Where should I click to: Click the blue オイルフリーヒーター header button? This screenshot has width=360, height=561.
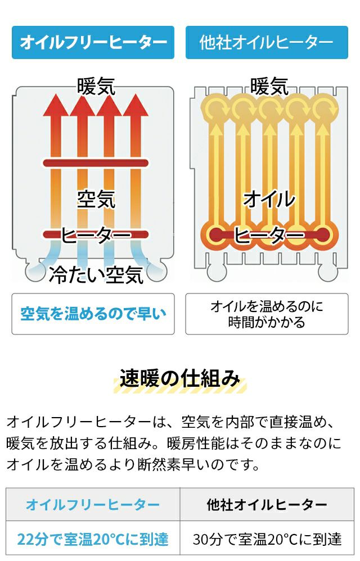click(93, 42)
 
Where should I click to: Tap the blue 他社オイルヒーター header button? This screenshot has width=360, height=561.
click(267, 42)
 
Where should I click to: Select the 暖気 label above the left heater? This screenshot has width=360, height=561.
click(96, 86)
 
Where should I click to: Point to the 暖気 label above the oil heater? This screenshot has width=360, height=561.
click(269, 86)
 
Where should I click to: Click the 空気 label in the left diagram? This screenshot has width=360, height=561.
click(96, 198)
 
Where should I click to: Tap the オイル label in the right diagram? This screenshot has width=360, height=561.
click(269, 198)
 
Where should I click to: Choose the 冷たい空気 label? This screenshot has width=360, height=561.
click(96, 274)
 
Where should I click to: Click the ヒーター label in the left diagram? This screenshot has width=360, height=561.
click(96, 235)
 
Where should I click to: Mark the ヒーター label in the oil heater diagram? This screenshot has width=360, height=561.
click(269, 235)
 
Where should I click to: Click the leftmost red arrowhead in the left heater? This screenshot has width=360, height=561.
click(56, 105)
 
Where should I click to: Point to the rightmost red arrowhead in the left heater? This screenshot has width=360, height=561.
click(136, 105)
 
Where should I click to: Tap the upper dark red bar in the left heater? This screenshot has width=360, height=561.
click(96, 163)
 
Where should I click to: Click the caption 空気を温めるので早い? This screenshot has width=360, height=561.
click(93, 314)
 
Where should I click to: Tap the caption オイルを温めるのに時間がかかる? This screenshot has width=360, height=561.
click(267, 314)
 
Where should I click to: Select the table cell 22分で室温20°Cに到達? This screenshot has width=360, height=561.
click(93, 540)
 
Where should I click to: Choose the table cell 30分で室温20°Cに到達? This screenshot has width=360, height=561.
click(267, 540)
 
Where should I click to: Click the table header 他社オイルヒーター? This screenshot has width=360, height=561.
click(267, 504)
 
